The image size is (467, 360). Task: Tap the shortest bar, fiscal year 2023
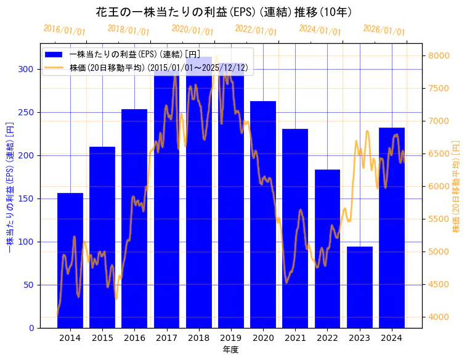click(x=360, y=287)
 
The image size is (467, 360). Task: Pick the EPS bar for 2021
click(x=295, y=228)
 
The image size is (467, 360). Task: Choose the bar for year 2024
click(x=392, y=227)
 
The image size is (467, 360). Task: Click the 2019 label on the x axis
click(x=231, y=338)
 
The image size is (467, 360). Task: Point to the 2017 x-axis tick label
click(x=166, y=338)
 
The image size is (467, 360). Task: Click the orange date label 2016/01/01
click(x=65, y=30)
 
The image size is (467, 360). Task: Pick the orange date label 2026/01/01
click(x=384, y=30)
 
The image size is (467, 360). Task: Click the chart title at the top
click(x=224, y=12)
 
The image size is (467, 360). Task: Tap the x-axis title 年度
click(x=231, y=350)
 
